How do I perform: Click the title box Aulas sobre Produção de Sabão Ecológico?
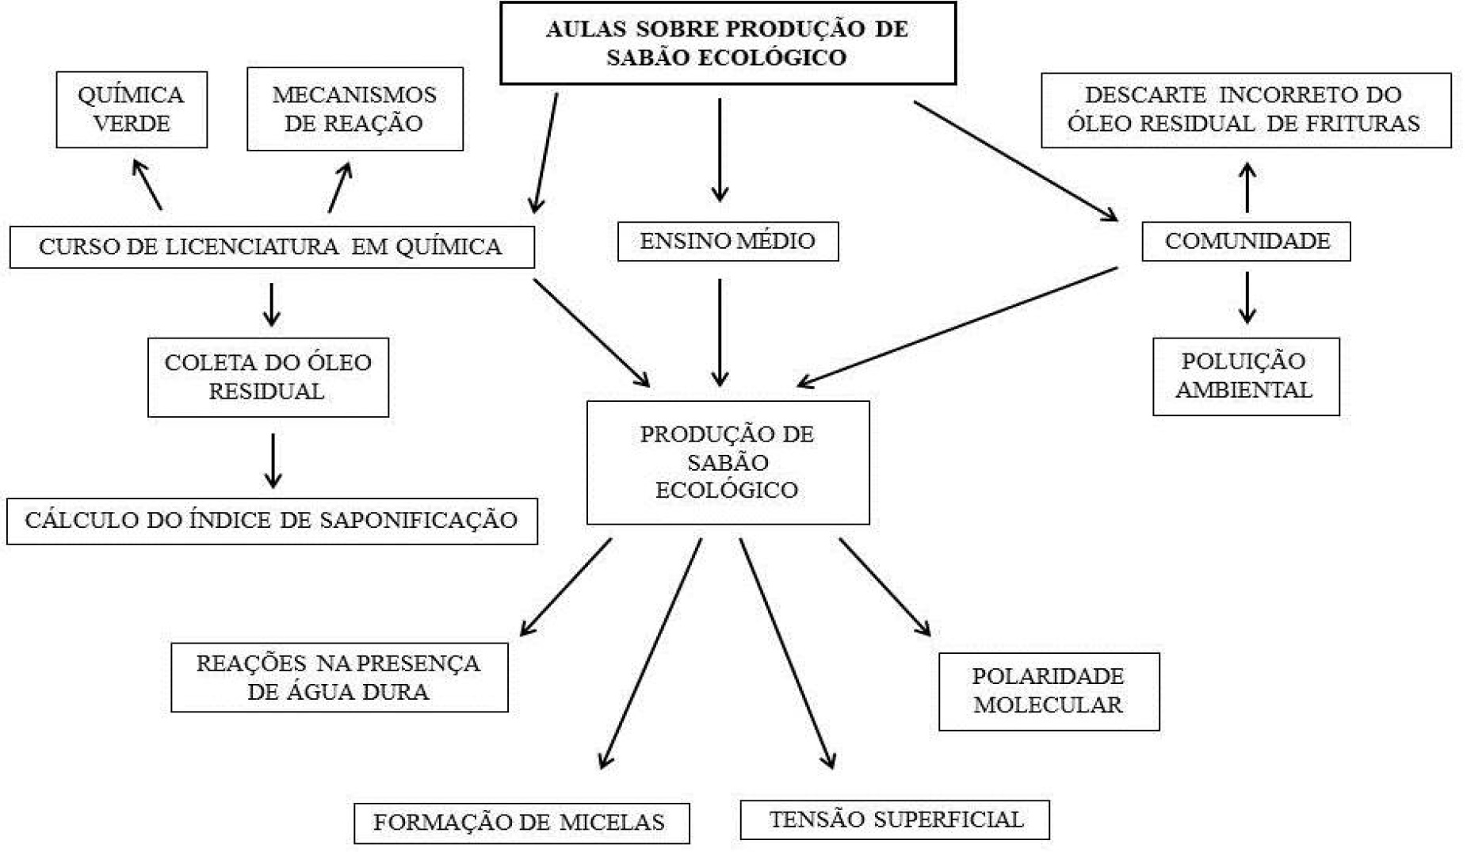pos(728,43)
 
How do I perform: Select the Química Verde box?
pos(132,109)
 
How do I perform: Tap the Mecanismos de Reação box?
pos(354,109)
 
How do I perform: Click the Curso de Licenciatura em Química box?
pos(271,246)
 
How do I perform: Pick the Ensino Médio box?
pos(728,241)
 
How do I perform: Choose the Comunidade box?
pos(1246,241)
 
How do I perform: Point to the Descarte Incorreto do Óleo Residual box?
pos(1245,109)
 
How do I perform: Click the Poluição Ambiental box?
pos(1245,376)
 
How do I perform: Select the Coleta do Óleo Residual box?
pos(268,376)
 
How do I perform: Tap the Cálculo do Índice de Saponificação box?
pos(272,521)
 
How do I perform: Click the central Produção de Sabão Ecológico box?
pos(728,462)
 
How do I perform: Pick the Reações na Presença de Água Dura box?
pos(339,677)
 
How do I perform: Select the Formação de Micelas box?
pos(521,823)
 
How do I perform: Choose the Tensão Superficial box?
pos(894,820)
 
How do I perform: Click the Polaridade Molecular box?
pos(1049,691)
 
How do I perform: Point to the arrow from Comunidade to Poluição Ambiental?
pos(1247,297)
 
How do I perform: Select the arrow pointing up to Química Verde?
pos(149,184)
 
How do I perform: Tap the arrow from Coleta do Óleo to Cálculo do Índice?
pos(273,460)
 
